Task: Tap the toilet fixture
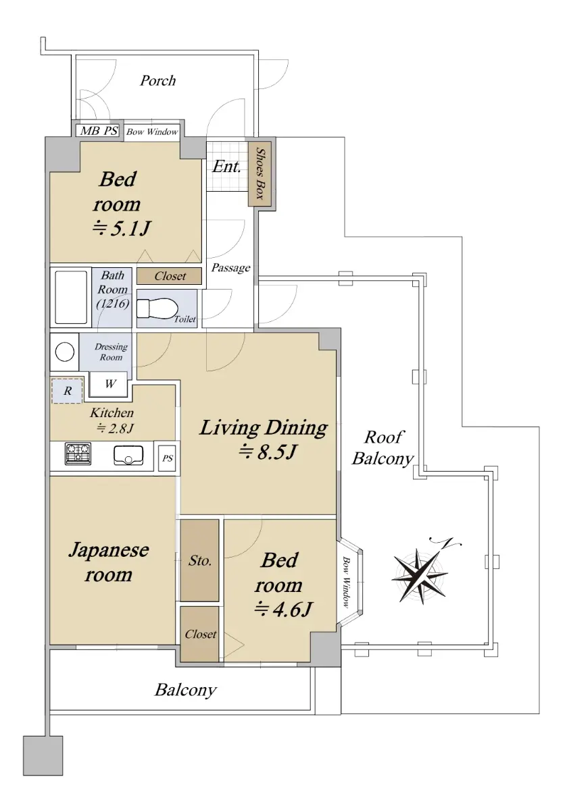[x=157, y=308]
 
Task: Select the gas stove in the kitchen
[x=78, y=454]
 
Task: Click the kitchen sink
[x=128, y=455]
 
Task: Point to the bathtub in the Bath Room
[x=71, y=297]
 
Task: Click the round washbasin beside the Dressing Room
[x=65, y=352]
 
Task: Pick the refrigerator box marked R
[x=68, y=391]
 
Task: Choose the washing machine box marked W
[x=109, y=383]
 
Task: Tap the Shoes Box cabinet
[x=260, y=174]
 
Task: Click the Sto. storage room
[x=200, y=560]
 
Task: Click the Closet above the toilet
[x=170, y=276]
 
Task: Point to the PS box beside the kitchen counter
[x=167, y=458]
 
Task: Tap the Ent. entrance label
[x=226, y=166]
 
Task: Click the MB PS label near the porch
[x=99, y=130]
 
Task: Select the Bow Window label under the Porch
[x=152, y=132]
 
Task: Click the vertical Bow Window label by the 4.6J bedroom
[x=347, y=582]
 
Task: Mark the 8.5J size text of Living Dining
[x=268, y=452]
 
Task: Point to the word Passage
[x=231, y=267]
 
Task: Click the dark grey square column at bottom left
[x=43, y=756]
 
